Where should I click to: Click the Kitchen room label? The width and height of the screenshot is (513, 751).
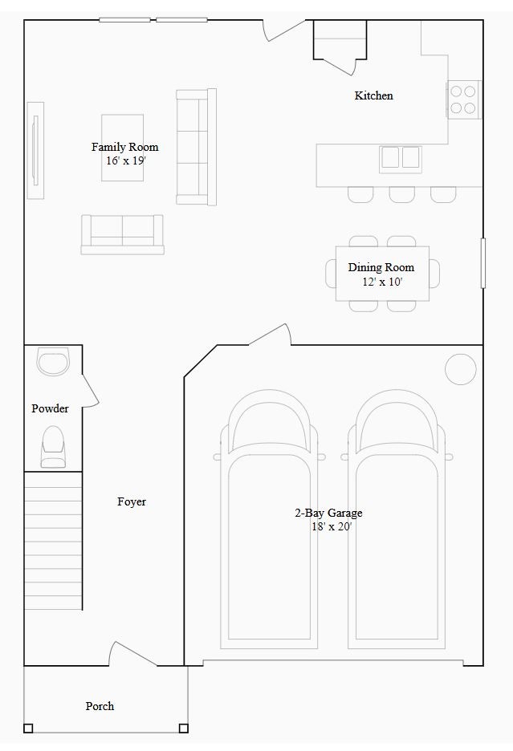coord(374,95)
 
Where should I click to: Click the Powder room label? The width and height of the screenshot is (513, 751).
coord(50,408)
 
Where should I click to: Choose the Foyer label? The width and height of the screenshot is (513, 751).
coord(132,501)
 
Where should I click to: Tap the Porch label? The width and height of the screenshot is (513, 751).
coord(100,706)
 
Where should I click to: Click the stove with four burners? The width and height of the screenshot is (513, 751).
coord(463,99)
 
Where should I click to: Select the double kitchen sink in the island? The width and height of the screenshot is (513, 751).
coord(401,157)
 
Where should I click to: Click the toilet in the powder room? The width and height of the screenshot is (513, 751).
coord(53,446)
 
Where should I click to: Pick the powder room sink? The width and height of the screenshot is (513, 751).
coord(54,362)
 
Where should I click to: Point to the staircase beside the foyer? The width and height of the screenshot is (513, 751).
coord(53,541)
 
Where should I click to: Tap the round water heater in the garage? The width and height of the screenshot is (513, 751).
coord(461,368)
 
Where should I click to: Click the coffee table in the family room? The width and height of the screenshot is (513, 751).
coord(123,148)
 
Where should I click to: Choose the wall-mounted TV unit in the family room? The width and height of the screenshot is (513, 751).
coord(35,150)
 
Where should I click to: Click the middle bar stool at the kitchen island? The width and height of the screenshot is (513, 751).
coord(402,194)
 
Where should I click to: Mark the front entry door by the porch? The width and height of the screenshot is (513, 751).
coord(134,654)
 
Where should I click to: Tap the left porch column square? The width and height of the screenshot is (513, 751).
coord(28,729)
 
